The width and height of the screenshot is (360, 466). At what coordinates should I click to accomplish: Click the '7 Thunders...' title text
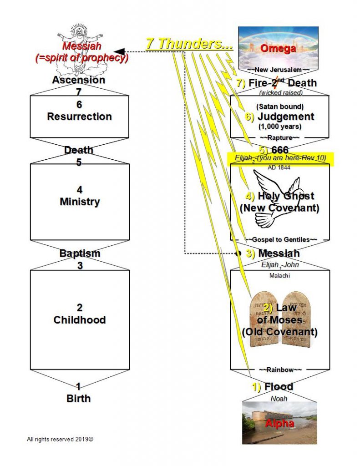189,44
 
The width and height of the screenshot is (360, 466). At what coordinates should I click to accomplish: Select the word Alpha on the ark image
279,423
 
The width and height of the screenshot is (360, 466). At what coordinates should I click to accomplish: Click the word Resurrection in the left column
79,116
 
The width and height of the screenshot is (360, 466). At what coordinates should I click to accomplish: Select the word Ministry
79,202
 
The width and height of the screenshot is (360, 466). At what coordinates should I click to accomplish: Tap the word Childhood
79,320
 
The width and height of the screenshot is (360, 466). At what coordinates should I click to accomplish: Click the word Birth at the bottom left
78,399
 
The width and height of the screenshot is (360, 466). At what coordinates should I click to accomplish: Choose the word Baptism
80,253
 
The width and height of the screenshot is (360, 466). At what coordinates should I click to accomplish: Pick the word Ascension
79,80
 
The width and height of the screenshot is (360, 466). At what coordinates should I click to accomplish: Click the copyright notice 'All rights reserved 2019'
62,440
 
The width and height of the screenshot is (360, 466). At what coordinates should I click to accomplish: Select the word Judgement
286,116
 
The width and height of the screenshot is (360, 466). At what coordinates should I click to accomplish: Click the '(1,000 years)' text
279,126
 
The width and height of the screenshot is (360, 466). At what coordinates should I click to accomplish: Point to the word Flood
279,387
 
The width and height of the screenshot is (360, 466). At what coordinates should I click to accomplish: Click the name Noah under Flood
279,399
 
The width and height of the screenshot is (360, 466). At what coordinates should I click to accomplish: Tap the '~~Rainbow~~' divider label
279,370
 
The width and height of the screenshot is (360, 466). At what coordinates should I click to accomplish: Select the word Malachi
279,275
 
